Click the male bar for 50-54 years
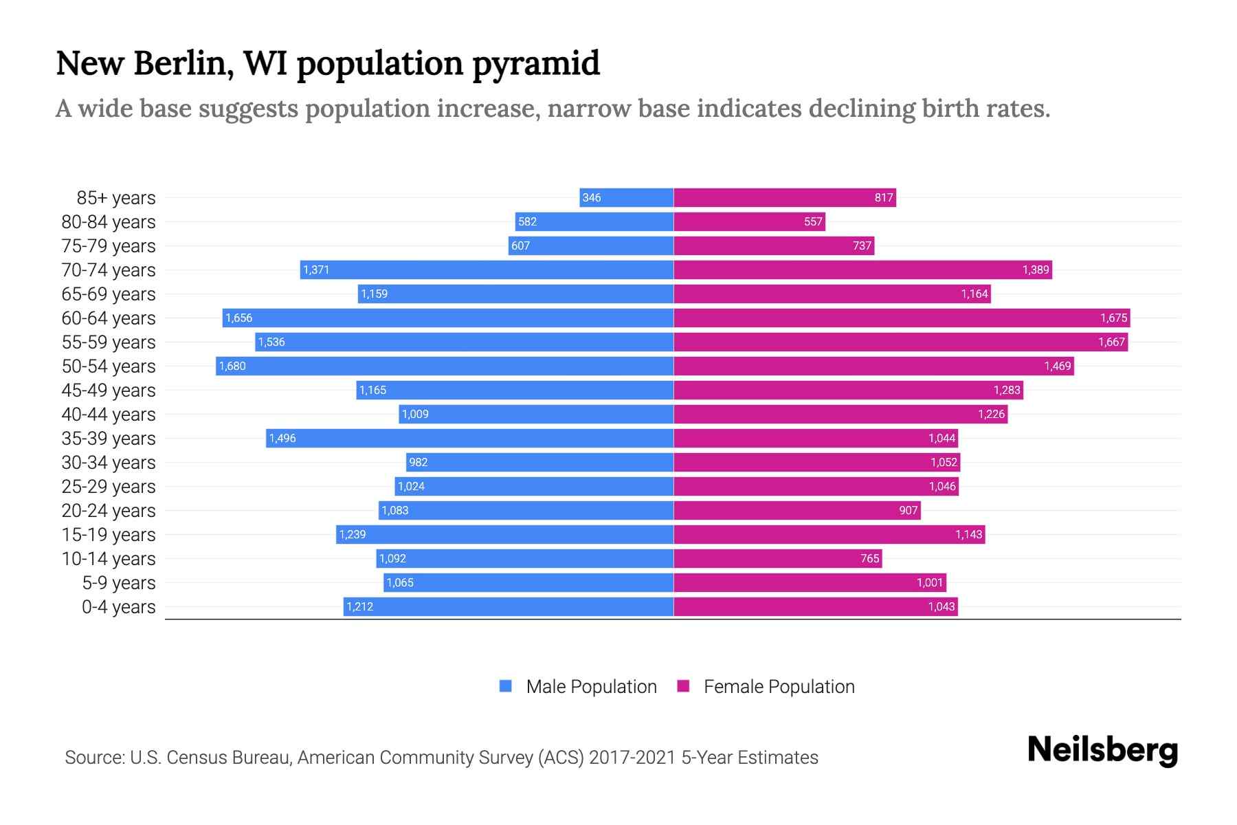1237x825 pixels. click(x=445, y=366)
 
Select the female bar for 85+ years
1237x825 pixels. click(x=785, y=197)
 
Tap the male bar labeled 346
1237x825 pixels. click(x=626, y=197)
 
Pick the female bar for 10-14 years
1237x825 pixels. click(x=777, y=558)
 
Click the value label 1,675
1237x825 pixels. click(x=1113, y=318)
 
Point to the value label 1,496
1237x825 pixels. click(x=282, y=438)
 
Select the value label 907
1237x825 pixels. click(x=908, y=510)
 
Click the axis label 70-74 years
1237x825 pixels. click(x=109, y=270)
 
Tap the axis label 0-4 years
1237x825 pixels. click(x=118, y=607)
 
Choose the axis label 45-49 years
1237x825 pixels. click(x=109, y=390)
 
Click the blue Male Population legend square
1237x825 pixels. click(x=506, y=686)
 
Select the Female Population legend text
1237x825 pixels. click(x=779, y=687)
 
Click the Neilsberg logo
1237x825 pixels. click(x=1102, y=750)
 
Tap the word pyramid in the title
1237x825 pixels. click(x=535, y=64)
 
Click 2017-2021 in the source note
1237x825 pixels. click(x=632, y=758)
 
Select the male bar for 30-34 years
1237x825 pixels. click(x=539, y=462)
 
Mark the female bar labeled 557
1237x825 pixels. click(x=749, y=221)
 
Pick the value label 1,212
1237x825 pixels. click(x=359, y=606)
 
